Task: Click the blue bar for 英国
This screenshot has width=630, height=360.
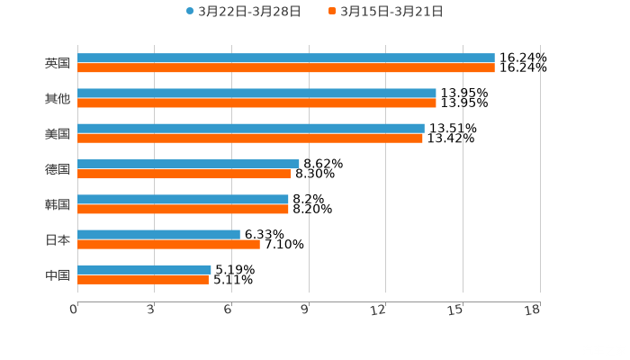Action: [x=286, y=58]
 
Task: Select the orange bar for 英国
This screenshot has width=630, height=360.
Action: [x=286, y=68]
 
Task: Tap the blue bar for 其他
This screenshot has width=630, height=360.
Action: [x=256, y=94]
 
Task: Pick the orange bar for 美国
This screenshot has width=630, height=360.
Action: [x=250, y=139]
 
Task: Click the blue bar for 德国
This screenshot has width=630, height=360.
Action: [x=188, y=164]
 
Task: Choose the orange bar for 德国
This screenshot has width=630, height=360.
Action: [x=184, y=174]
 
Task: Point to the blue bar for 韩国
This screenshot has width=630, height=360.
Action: [x=183, y=199]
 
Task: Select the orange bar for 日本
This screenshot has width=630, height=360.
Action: [x=168, y=244]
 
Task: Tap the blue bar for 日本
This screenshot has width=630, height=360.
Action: [x=158, y=234]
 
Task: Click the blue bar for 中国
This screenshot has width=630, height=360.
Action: [x=144, y=269]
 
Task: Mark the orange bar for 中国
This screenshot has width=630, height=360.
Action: [x=143, y=279]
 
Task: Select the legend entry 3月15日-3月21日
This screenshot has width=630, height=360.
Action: [x=391, y=12]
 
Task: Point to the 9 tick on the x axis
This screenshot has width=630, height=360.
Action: [x=305, y=310]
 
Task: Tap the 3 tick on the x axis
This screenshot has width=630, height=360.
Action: [x=151, y=310]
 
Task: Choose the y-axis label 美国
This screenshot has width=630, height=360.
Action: [x=58, y=134]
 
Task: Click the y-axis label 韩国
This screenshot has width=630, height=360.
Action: [x=58, y=204]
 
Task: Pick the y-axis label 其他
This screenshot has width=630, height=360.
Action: [x=58, y=99]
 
